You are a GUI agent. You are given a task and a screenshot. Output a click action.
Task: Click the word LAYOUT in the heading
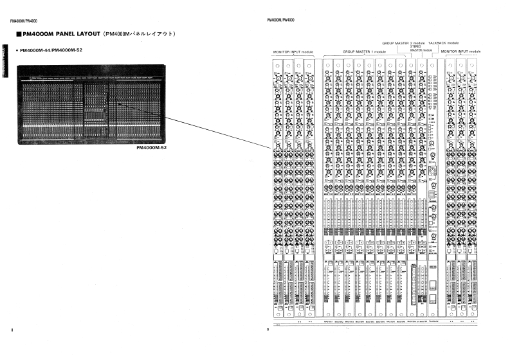click(86, 33)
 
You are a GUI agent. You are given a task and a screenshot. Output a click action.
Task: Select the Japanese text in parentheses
click(139, 33)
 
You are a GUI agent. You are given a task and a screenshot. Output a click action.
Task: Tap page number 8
click(12, 330)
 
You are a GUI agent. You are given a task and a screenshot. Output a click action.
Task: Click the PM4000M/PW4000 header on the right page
click(280, 20)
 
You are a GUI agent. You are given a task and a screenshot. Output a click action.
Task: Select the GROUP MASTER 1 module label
click(364, 51)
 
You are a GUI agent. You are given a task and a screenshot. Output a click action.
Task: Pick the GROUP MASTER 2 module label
click(403, 42)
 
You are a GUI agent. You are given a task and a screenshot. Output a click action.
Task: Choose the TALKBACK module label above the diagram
click(443, 42)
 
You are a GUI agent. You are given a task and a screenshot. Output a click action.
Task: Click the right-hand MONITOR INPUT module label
click(461, 51)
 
